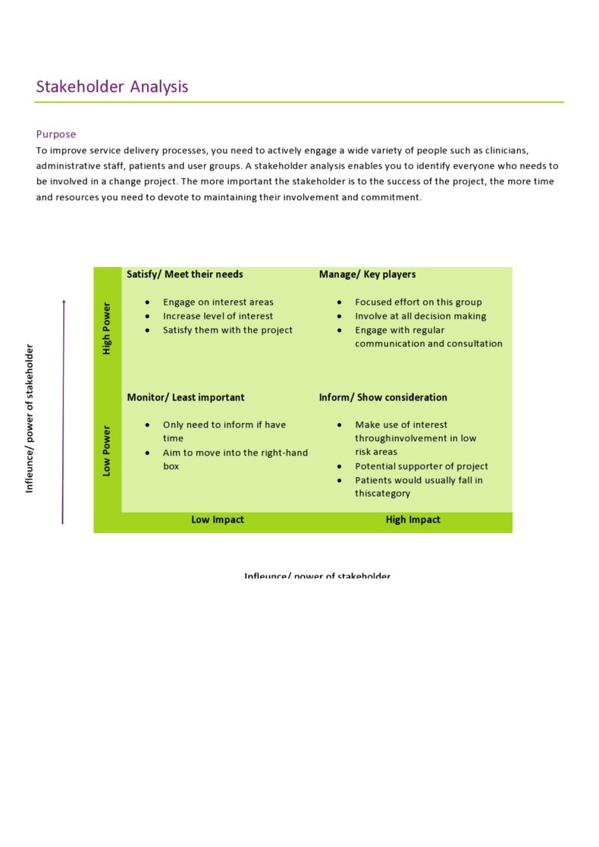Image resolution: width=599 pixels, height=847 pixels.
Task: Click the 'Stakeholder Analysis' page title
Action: point(112,87)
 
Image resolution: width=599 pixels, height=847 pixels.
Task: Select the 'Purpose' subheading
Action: point(56,134)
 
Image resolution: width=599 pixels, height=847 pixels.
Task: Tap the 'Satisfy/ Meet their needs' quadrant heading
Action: point(185,274)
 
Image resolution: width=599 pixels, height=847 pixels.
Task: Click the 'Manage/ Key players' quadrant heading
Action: point(367,274)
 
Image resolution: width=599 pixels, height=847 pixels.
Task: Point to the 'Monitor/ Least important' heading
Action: point(186,397)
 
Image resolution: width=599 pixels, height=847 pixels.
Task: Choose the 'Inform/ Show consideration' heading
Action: point(383,397)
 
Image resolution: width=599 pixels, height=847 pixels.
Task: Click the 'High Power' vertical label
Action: point(107,328)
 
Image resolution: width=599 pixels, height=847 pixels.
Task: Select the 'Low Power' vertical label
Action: point(107,450)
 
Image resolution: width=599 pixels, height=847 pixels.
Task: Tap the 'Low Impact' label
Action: point(218,520)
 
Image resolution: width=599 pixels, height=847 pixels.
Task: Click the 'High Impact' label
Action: point(412,520)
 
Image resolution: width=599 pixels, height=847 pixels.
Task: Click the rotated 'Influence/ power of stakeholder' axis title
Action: point(30,419)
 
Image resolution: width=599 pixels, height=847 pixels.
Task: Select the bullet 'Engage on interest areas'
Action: point(218,302)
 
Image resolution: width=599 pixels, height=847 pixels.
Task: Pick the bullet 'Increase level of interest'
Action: point(218,316)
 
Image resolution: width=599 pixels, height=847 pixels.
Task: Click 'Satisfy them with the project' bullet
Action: point(227,330)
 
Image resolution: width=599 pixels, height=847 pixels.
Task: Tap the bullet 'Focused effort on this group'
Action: point(418,302)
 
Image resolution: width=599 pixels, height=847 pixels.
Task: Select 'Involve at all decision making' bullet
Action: point(420,316)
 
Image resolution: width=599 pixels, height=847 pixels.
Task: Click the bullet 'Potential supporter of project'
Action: point(422,466)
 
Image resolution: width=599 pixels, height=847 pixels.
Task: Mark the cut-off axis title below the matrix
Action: point(317,576)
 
